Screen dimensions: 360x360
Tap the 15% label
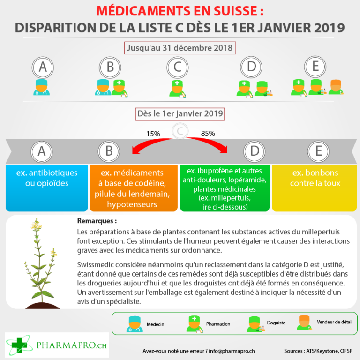click(153, 134)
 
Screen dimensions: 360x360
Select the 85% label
click(208, 133)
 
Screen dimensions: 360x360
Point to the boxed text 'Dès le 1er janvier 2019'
click(180, 113)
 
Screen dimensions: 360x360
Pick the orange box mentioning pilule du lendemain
click(135, 187)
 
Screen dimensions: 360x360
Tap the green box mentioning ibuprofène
click(225, 187)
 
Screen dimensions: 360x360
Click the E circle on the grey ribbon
click(318, 151)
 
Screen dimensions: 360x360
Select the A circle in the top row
click(43, 67)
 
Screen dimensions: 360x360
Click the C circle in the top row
click(177, 67)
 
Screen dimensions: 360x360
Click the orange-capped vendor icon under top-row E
click(336, 87)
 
